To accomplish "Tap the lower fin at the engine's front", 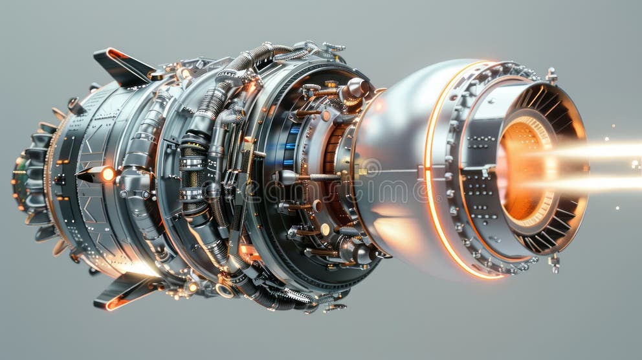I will coord(123,291).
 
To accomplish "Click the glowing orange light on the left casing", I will coord(107,174).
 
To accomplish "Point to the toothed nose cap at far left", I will coord(29,178).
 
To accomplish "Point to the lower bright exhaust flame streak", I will coord(595,183).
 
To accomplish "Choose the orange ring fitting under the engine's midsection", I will coord(225,290).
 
